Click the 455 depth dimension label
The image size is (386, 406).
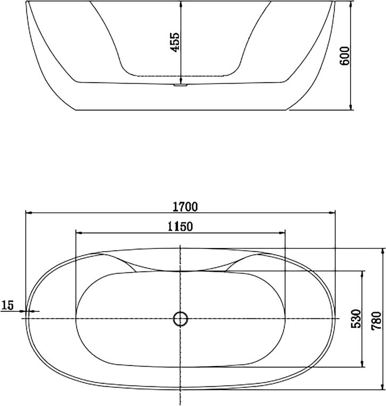[175, 42]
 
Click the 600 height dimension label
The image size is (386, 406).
[345, 56]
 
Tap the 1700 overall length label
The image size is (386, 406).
[185, 206]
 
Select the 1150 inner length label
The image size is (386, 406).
[180, 227]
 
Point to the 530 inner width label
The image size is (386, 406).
[356, 319]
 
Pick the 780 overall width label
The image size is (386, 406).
[376, 320]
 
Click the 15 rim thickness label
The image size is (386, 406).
[7, 305]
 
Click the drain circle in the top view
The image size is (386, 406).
[180, 319]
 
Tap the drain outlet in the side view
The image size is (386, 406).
[181, 85]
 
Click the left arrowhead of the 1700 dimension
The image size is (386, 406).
[29, 213]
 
